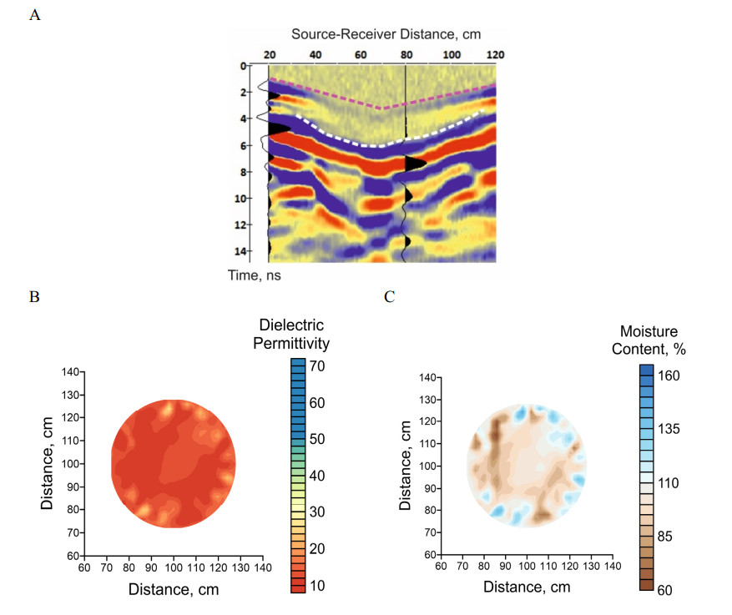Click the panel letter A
[x=34, y=15]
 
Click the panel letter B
[x=34, y=295]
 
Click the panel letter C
[x=387, y=295]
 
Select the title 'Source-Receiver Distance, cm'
[x=386, y=34]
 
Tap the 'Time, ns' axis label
[x=253, y=274]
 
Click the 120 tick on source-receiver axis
[x=496, y=54]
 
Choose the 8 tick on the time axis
[x=245, y=172]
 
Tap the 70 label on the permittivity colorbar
[x=319, y=366]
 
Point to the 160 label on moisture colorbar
[x=670, y=376]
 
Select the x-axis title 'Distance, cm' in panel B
[x=173, y=589]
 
